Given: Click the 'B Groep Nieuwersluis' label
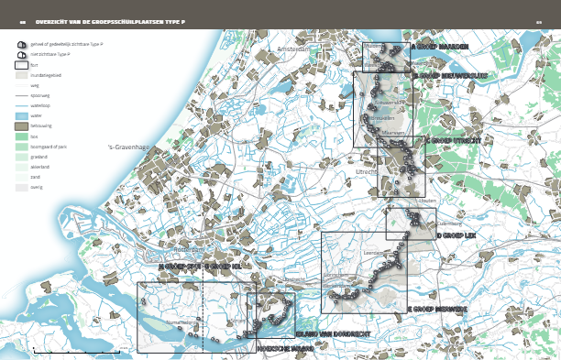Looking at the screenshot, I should (451, 76).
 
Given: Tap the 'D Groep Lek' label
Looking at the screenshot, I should (456, 235).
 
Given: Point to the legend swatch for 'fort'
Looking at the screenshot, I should (21, 65).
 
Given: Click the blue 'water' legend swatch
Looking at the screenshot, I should (21, 116).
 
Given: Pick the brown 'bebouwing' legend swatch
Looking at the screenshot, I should (21, 126).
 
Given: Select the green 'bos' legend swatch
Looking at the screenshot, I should (21, 136).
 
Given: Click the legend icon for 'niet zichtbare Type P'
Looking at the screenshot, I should (21, 54).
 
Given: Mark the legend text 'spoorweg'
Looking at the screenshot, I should (40, 95).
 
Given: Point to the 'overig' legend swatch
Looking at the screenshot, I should (21, 187).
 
